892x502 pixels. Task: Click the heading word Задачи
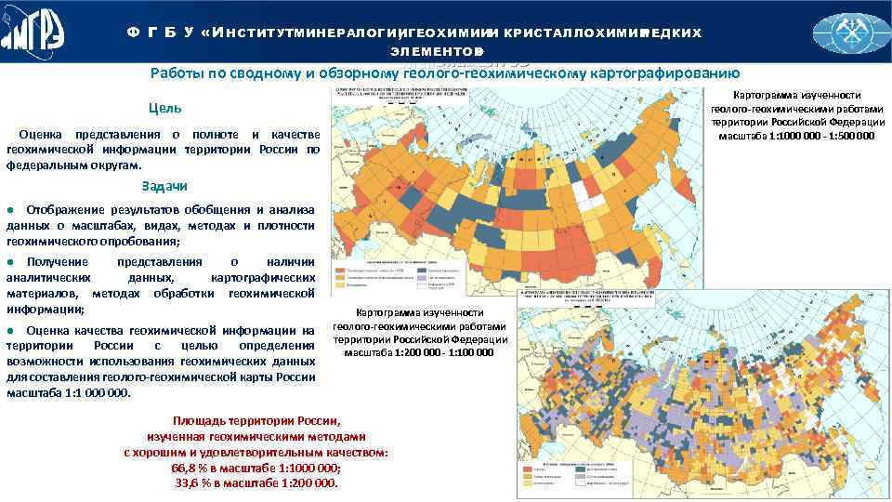tap(164, 186)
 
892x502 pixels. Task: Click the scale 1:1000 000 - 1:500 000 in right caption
tap(795, 136)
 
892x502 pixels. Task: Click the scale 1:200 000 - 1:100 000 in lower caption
tap(419, 352)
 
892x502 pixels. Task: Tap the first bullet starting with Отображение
tap(60, 209)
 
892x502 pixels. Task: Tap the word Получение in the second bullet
tap(58, 263)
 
